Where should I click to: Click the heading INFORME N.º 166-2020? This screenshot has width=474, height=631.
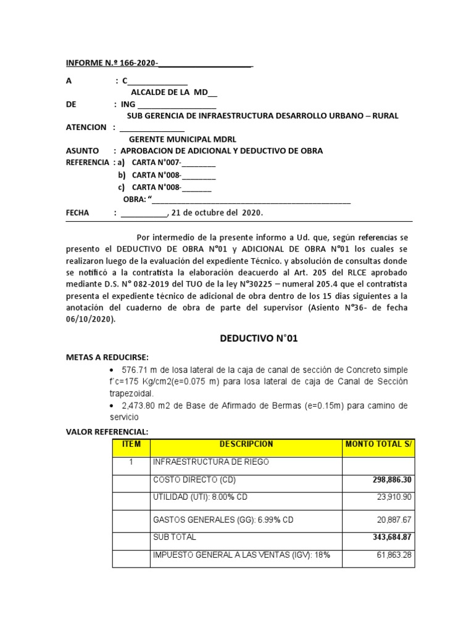click(x=112, y=63)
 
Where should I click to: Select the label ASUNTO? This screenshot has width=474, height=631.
click(x=83, y=151)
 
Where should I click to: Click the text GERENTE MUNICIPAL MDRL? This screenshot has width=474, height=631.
click(x=182, y=139)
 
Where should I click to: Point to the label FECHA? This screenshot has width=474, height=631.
click(x=78, y=213)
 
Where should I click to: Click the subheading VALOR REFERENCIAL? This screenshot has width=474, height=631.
click(x=108, y=431)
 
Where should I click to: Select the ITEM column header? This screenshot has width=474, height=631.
click(x=131, y=444)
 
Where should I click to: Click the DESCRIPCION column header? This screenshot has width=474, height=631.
click(x=246, y=444)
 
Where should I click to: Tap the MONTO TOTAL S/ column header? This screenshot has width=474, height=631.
click(x=378, y=444)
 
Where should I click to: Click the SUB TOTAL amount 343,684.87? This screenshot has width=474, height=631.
click(x=390, y=537)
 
